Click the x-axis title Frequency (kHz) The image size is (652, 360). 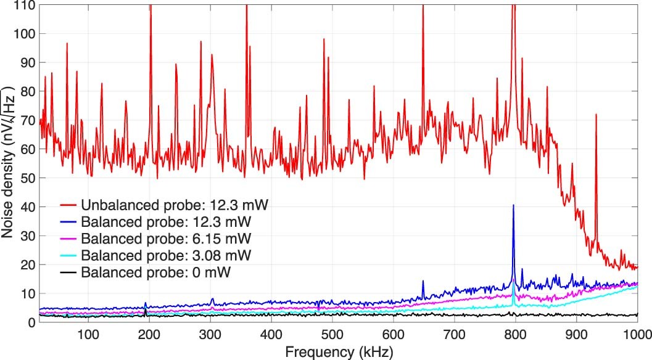pyautogui.click(x=338, y=351)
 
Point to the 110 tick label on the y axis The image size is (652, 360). pyautogui.click(x=25, y=6)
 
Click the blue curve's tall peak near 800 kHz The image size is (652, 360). pyautogui.click(x=513, y=206)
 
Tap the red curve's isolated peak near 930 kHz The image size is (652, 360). pyautogui.click(x=596, y=115)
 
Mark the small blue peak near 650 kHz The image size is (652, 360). pyautogui.click(x=423, y=282)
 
